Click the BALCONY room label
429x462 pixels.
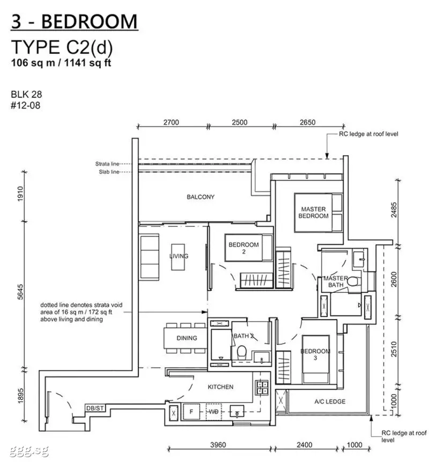(201, 197)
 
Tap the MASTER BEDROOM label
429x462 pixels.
(314, 212)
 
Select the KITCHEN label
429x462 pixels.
(220, 387)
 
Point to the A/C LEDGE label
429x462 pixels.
(330, 401)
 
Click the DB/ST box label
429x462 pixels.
(95, 408)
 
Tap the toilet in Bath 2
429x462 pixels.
(242, 352)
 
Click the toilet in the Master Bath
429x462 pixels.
(352, 281)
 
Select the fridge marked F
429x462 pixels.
(191, 412)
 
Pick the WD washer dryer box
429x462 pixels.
(214, 412)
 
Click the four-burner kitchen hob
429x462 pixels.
(262, 388)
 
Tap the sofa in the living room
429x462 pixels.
(150, 256)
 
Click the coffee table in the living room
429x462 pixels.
(178, 257)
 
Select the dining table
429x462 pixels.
(186, 338)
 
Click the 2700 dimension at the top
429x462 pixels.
(171, 122)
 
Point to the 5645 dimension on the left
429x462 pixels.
(20, 292)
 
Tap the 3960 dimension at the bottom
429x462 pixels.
(218, 445)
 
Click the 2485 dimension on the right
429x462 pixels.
(394, 210)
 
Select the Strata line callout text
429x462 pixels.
(107, 164)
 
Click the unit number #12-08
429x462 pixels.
(26, 105)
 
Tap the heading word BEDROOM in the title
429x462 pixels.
(90, 21)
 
